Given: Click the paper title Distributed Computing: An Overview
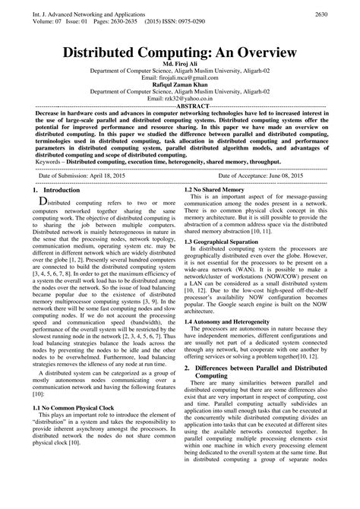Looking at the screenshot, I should pyautogui.click(x=179, y=54).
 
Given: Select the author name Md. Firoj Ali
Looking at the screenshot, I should pyautogui.click(x=180, y=69).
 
